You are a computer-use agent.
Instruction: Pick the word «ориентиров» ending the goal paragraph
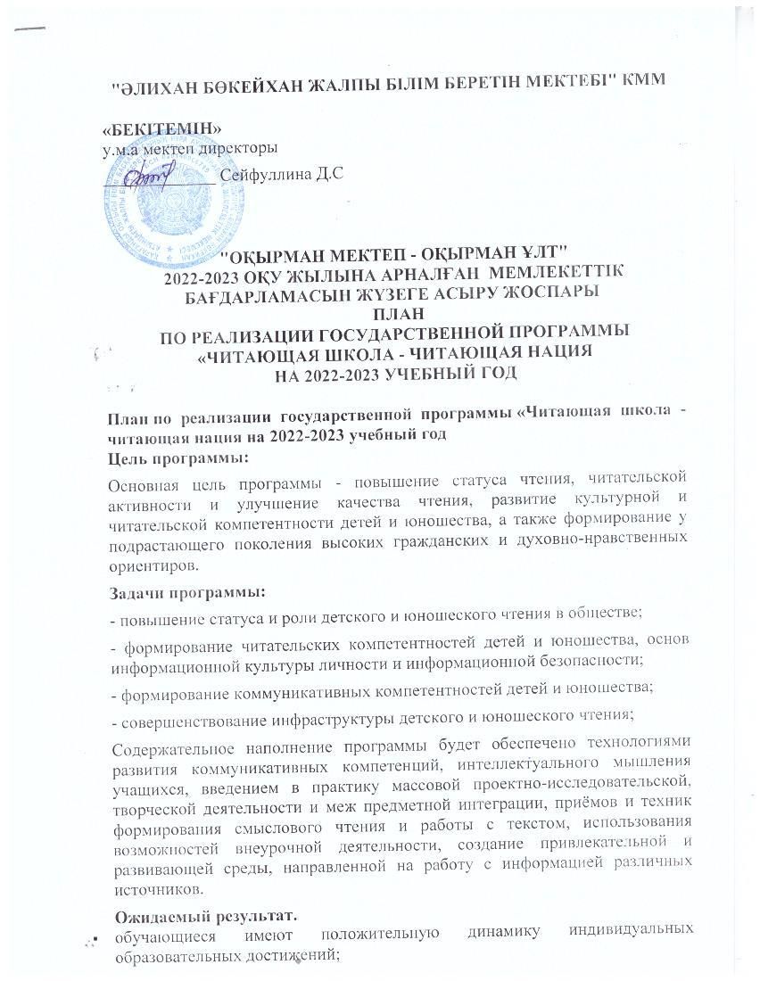(150, 565)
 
